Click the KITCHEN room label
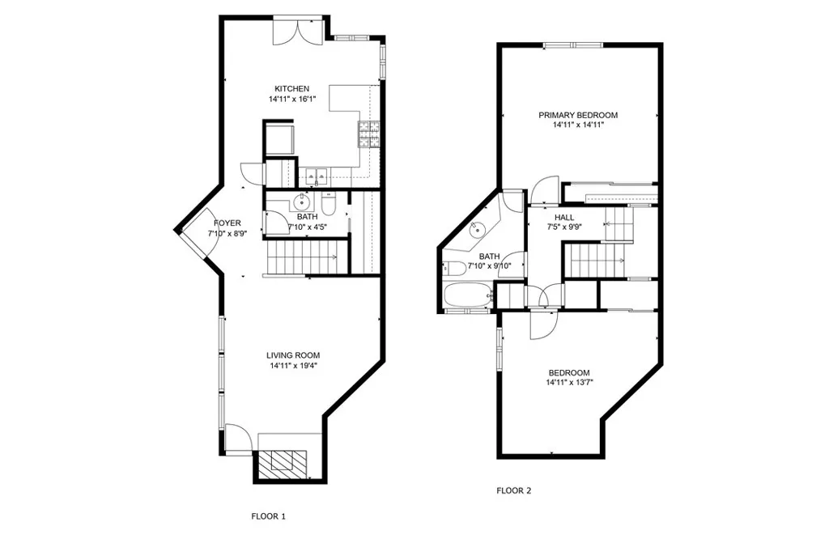click(x=291, y=89)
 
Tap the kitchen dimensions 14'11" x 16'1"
click(x=291, y=100)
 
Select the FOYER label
click(x=227, y=223)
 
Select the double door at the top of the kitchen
click(x=291, y=31)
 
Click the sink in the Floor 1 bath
click(x=302, y=201)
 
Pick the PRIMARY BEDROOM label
click(x=578, y=115)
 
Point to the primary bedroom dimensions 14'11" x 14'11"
click(x=578, y=125)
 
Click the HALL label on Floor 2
click(x=564, y=218)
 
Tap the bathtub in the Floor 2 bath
click(x=469, y=295)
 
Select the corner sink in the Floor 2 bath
click(x=478, y=229)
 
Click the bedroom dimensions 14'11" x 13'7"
click(x=578, y=383)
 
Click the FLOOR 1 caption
click(x=268, y=516)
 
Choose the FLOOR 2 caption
click(x=513, y=490)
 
